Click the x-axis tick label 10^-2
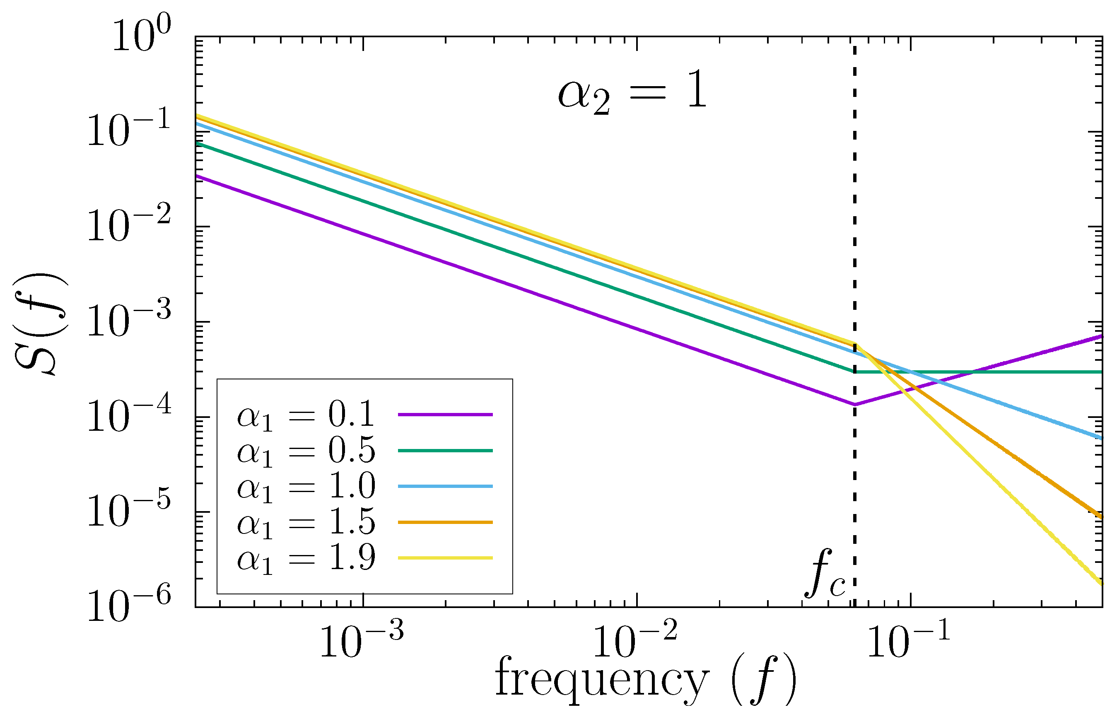pos(635,642)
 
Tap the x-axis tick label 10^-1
pos(908,642)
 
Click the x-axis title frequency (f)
pos(646,681)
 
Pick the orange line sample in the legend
pos(445,522)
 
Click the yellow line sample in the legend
pos(445,558)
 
